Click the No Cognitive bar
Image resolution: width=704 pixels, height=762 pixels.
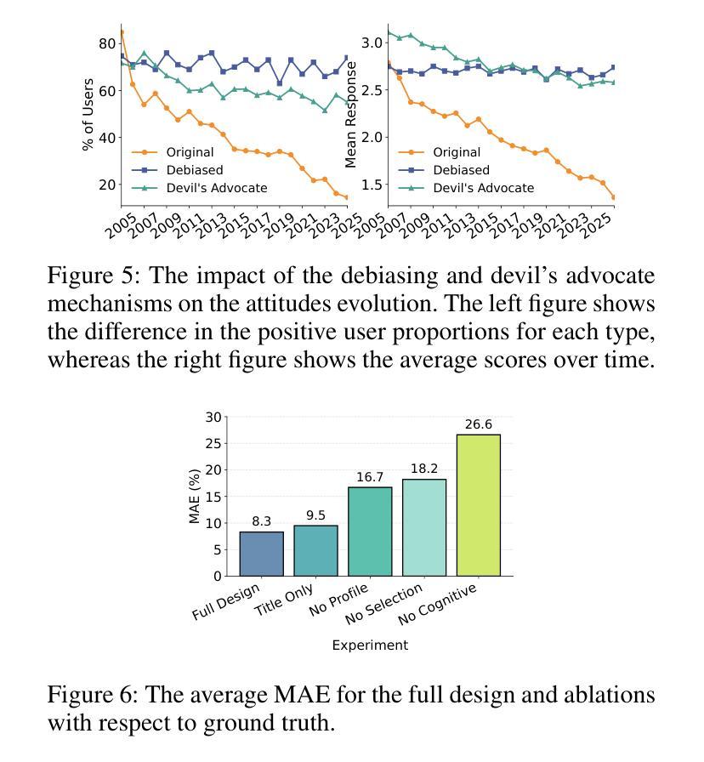tap(478, 505)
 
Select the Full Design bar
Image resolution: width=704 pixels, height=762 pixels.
tap(261, 554)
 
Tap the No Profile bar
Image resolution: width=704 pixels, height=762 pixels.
tap(370, 532)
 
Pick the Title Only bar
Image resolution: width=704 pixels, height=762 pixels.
tap(315, 550)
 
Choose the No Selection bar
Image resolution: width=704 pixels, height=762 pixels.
tap(424, 528)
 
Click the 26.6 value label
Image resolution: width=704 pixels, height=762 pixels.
tap(478, 424)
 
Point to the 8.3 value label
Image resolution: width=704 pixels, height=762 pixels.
tap(261, 521)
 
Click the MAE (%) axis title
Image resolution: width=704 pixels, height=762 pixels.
tap(195, 496)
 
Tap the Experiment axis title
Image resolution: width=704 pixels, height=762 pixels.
tap(370, 645)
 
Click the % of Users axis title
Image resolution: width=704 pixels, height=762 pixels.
tap(88, 115)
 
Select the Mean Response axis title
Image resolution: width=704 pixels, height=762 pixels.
tap(350, 115)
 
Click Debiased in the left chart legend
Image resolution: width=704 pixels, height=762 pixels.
tap(195, 170)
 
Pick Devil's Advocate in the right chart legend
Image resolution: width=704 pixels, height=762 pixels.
tap(484, 188)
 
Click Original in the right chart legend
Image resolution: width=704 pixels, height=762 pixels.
tap(457, 152)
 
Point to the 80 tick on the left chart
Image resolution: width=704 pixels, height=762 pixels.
tap(107, 43)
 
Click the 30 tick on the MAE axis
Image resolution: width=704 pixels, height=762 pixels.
tap(213, 417)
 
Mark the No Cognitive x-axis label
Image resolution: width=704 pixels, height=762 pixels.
tap(437, 605)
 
